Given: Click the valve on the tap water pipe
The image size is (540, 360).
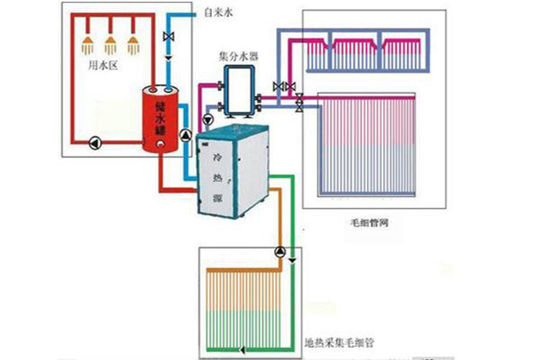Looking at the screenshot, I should (x=168, y=39).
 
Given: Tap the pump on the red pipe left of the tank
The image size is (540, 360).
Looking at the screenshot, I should (x=92, y=141).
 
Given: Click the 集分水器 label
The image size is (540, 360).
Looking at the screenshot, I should (x=238, y=55).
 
